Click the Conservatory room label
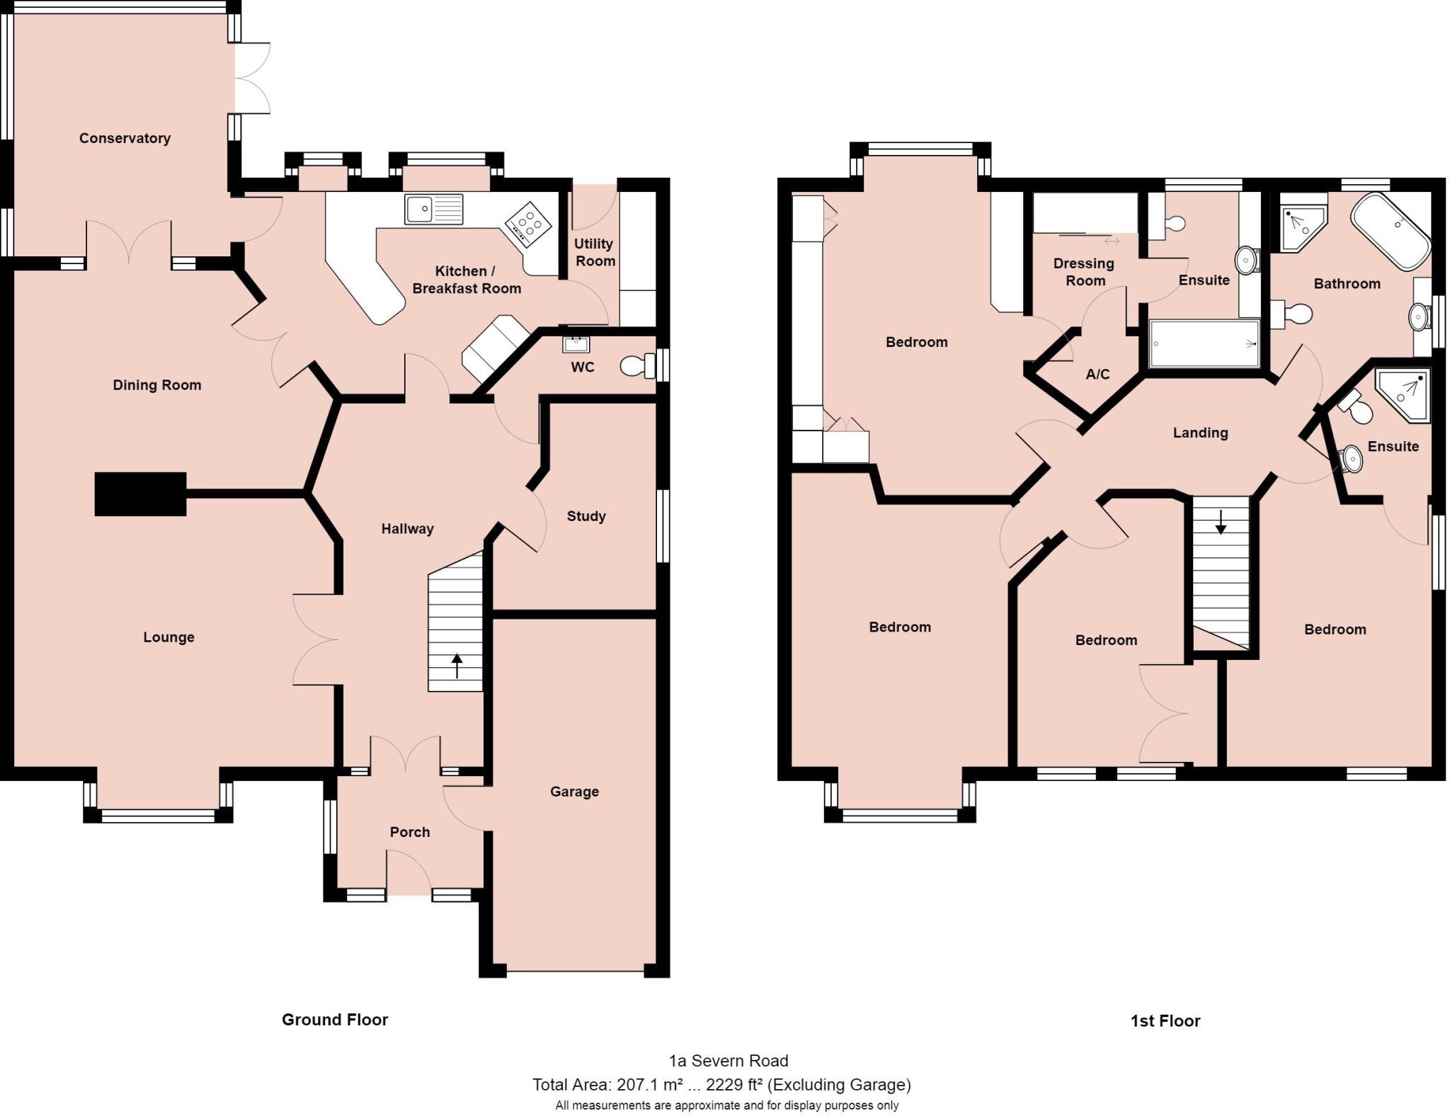(125, 138)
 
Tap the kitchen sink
(433, 210)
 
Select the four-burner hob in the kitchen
(528, 224)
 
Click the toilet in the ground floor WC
(638, 366)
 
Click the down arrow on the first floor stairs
(1221, 522)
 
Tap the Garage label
(574, 792)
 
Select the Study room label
(586, 516)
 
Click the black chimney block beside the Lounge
(140, 494)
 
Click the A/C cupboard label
(1097, 374)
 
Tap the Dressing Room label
(1084, 272)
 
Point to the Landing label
(1200, 433)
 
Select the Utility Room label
(594, 252)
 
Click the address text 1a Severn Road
(728, 1061)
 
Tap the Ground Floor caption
(335, 1020)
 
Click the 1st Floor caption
(1165, 1021)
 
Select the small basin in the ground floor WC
(576, 345)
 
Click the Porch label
(410, 832)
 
